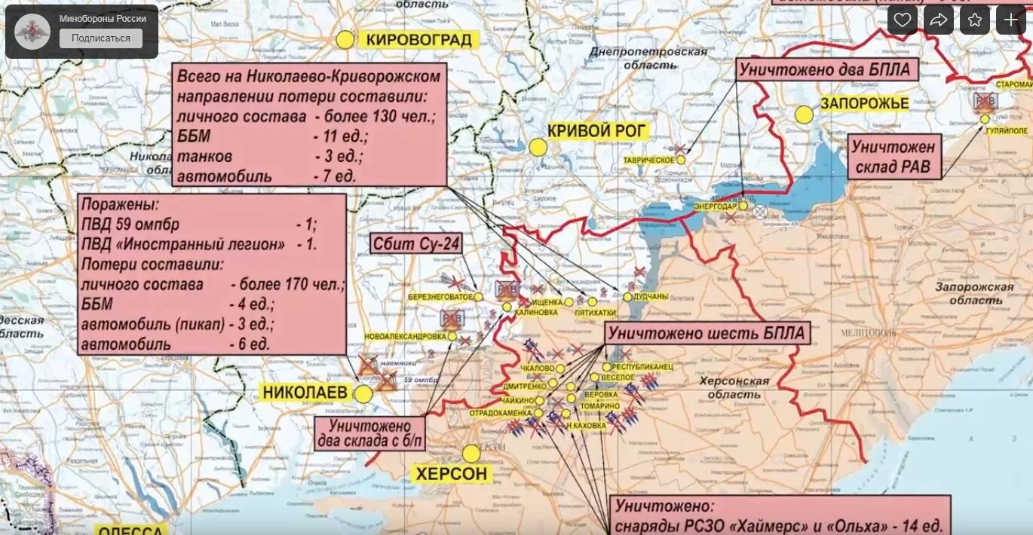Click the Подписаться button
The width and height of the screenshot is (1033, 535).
tap(100, 38)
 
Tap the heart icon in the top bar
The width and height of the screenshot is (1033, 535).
tap(902, 20)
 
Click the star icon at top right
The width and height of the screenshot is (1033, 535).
tap(974, 20)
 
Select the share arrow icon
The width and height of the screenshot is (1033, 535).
tap(938, 20)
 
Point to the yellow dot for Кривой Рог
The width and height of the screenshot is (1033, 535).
tap(538, 147)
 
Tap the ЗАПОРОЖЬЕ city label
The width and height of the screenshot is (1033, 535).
tap(864, 103)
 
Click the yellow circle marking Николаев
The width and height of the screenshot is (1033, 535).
tap(363, 394)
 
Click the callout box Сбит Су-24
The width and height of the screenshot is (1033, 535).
tap(416, 243)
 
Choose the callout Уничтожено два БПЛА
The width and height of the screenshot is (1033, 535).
tap(826, 70)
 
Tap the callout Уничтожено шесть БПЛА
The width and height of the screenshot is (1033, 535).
tap(707, 333)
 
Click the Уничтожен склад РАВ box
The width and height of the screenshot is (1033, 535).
tap(895, 157)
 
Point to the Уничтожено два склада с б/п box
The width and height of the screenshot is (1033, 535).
tap(369, 433)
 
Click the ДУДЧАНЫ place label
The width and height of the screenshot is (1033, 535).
tap(651, 297)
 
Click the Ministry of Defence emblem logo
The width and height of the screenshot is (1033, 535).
tap(32, 31)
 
